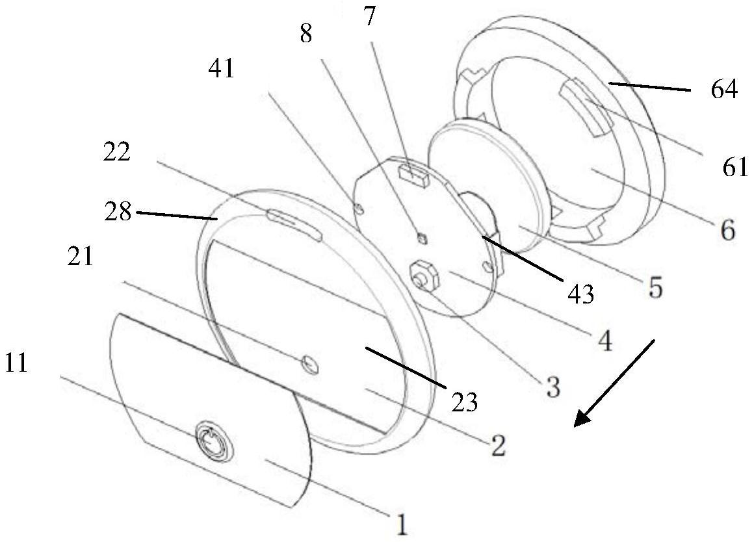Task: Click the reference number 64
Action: click(724, 90)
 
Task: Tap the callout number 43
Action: click(580, 294)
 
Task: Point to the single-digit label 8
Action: click(305, 34)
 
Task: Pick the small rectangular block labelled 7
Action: click(411, 172)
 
